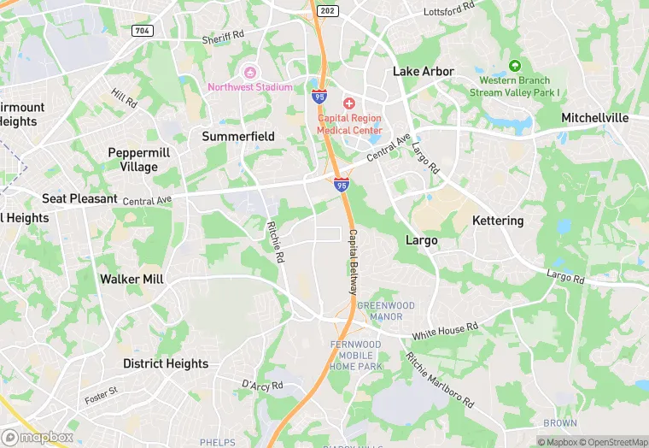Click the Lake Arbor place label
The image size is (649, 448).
point(423,71)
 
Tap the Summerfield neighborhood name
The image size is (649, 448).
point(238,136)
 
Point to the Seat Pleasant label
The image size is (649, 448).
point(79,198)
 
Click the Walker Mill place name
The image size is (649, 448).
point(132,279)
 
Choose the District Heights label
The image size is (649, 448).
point(166,363)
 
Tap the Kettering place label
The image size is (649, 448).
point(498,221)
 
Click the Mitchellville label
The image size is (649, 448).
point(594,117)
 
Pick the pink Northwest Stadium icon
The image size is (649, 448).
point(250,72)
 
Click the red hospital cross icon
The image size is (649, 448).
point(349,103)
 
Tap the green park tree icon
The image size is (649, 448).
point(514,66)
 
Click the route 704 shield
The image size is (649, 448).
point(141,31)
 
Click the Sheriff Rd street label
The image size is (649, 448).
point(223,39)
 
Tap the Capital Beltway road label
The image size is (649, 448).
point(351,262)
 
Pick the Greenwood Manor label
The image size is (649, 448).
point(385,310)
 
